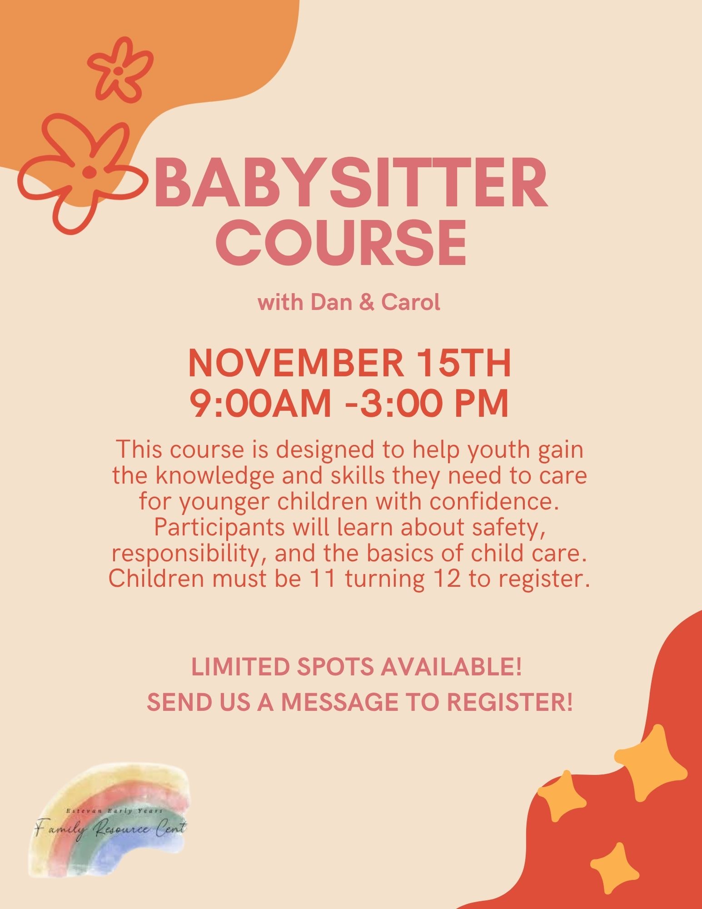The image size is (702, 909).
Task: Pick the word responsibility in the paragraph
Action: tap(188, 554)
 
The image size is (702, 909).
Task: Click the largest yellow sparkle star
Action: tap(650, 763)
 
